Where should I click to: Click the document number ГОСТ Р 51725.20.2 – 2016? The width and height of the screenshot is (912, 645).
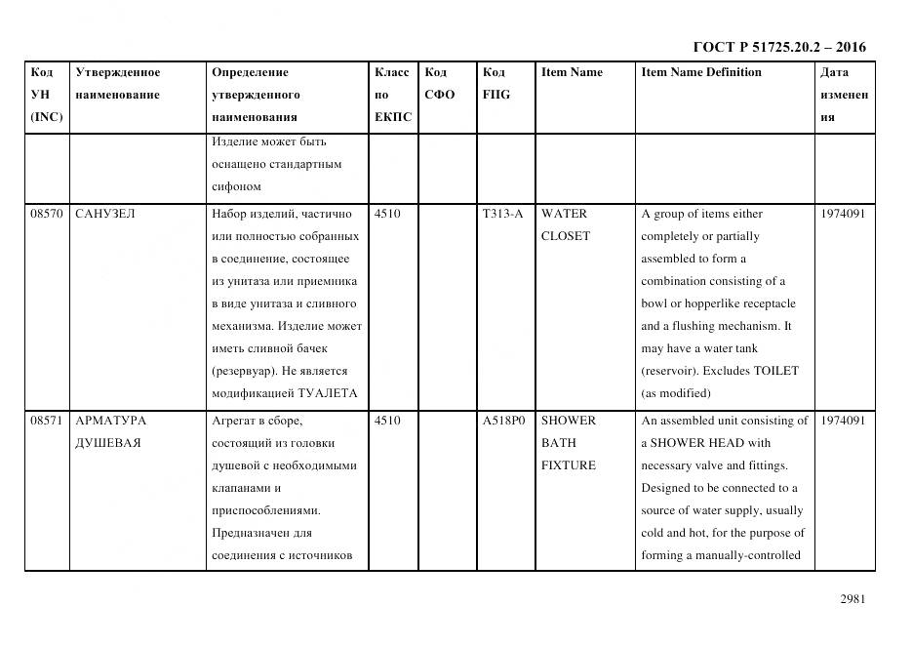click(x=778, y=47)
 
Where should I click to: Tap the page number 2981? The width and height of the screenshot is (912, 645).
click(x=853, y=600)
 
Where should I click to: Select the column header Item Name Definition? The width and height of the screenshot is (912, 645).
click(x=701, y=72)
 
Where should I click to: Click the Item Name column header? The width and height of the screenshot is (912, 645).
click(x=572, y=72)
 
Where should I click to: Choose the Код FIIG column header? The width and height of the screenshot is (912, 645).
click(x=496, y=84)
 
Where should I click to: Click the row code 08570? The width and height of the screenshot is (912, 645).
click(x=47, y=214)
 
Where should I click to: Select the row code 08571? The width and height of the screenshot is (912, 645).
click(x=47, y=421)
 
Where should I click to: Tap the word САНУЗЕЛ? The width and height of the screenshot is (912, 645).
click(x=105, y=214)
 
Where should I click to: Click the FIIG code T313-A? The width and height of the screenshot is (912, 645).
click(x=502, y=214)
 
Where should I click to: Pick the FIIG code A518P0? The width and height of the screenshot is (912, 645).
click(x=503, y=421)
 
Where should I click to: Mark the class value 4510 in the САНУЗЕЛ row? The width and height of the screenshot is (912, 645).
click(x=387, y=214)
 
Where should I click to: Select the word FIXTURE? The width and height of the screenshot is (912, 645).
click(x=568, y=465)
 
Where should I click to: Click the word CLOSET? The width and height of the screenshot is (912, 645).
click(x=565, y=236)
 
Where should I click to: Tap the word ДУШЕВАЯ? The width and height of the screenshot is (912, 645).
click(x=107, y=443)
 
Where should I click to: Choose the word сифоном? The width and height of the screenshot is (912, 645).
click(x=235, y=186)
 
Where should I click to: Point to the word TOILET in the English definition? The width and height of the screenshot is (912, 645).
click(x=775, y=371)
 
